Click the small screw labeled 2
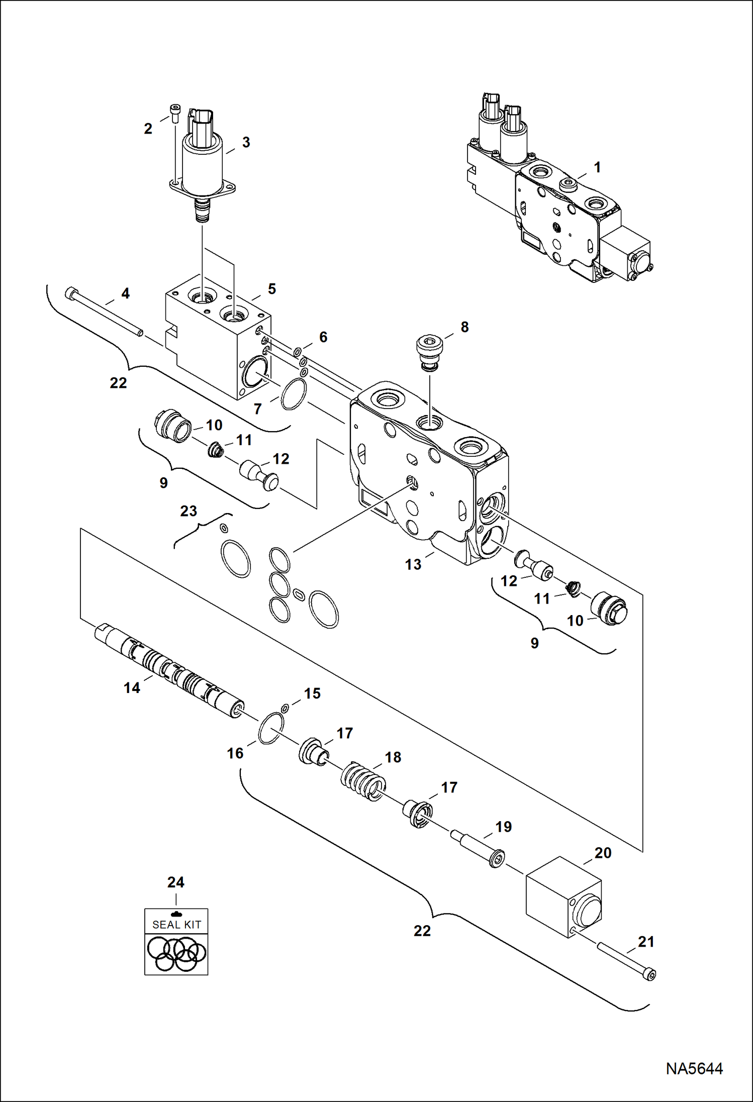coord(174,113)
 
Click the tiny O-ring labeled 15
coord(285,709)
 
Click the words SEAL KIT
coord(176,925)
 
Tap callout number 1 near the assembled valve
coord(597,167)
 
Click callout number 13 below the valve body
coord(413,564)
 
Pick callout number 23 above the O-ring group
coord(189,511)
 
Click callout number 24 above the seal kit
coord(175,882)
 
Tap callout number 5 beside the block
coord(271,289)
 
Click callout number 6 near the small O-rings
coord(323,337)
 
